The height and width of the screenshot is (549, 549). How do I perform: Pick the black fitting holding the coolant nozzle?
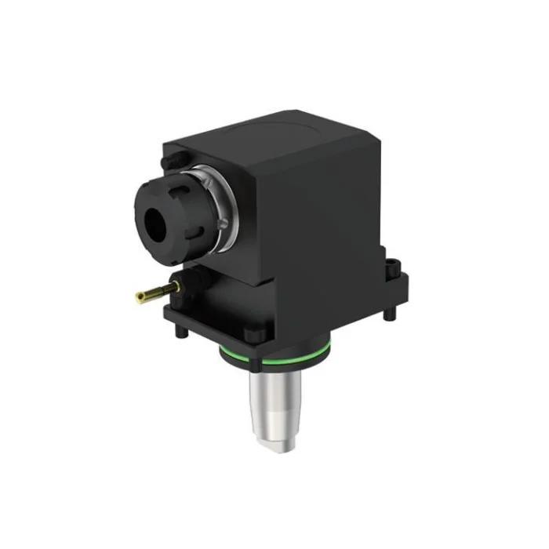point(182,281)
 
